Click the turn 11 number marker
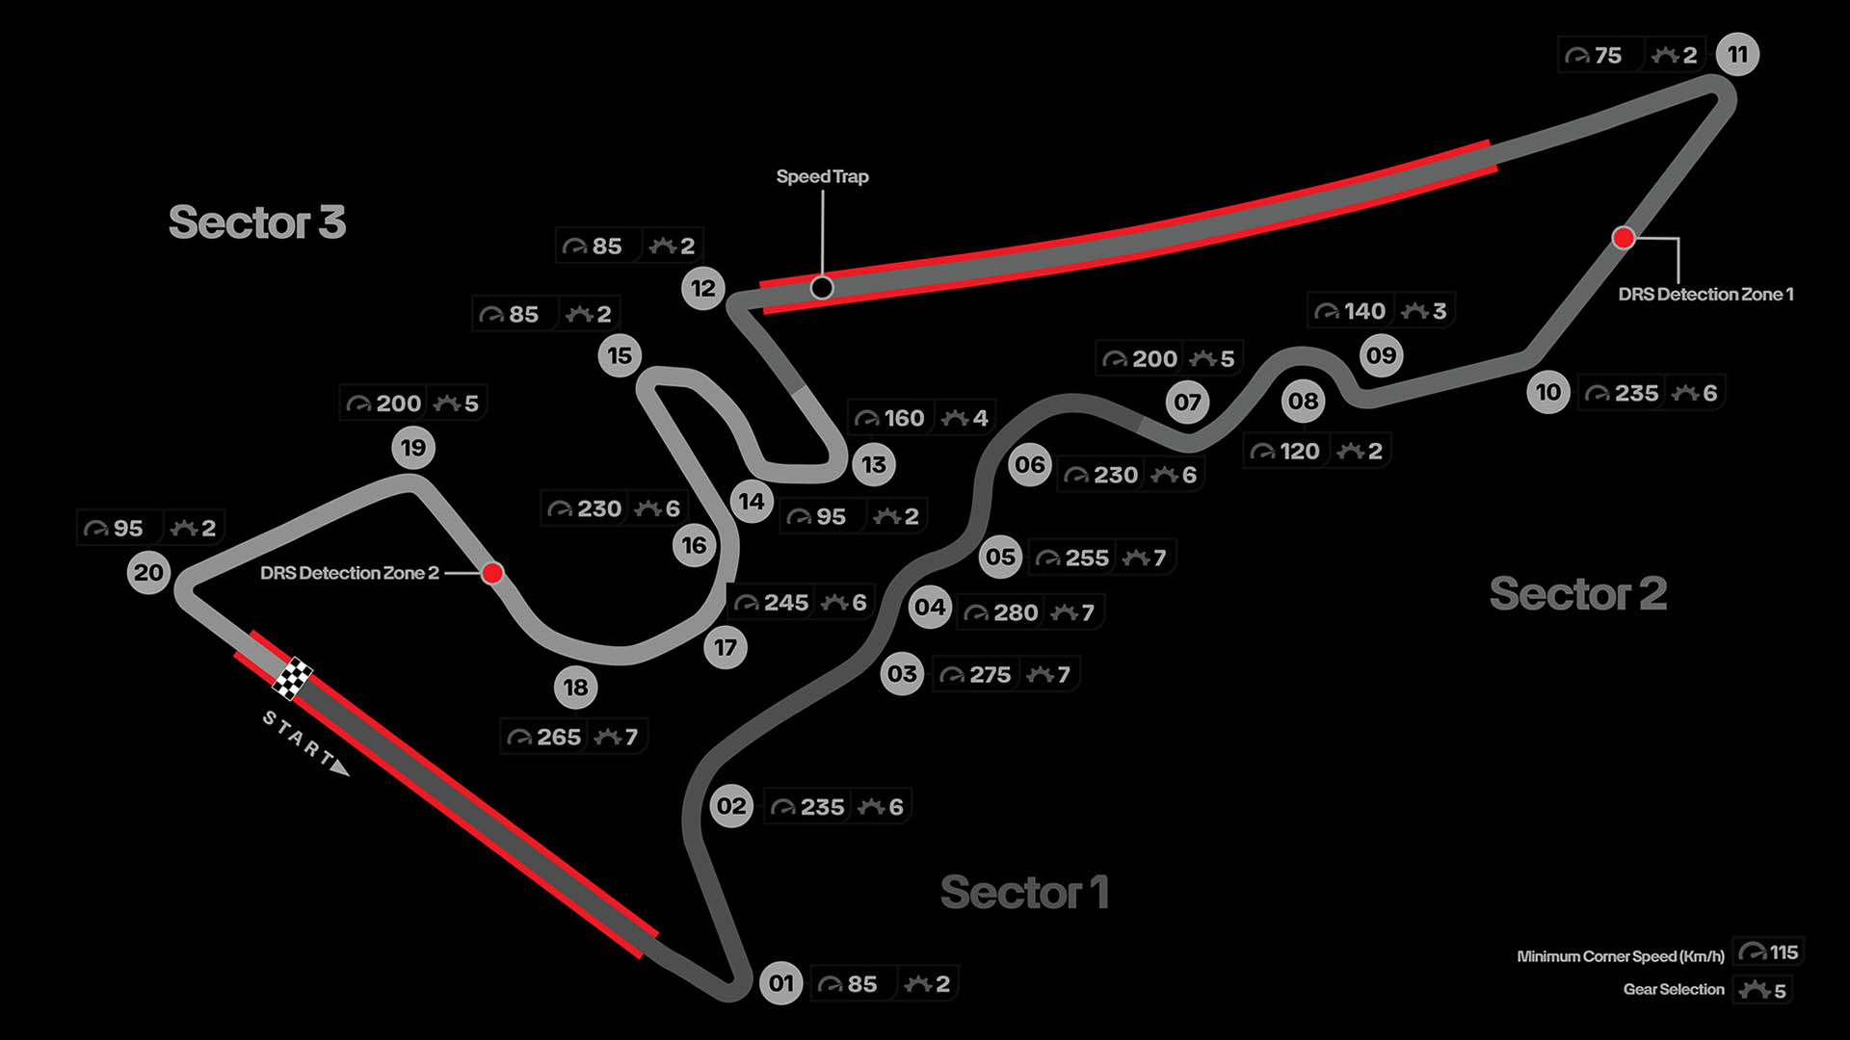(x=1737, y=54)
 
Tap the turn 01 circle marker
(x=780, y=983)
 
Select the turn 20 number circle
(x=148, y=573)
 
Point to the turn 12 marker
(x=703, y=288)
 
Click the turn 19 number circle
(x=413, y=448)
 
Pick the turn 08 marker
(x=1303, y=401)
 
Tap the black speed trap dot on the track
(x=822, y=288)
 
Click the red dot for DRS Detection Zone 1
(x=1624, y=237)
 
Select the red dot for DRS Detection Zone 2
(x=492, y=573)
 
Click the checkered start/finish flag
(x=292, y=678)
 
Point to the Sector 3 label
(x=257, y=222)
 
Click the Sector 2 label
(x=1577, y=593)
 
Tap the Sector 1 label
(x=1024, y=892)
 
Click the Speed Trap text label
(x=822, y=176)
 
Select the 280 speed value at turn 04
(x=1016, y=612)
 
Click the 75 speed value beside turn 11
(x=1607, y=56)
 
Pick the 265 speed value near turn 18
(x=559, y=738)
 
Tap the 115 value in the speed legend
(x=1784, y=952)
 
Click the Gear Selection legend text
(x=1674, y=989)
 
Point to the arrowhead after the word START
(x=340, y=767)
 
